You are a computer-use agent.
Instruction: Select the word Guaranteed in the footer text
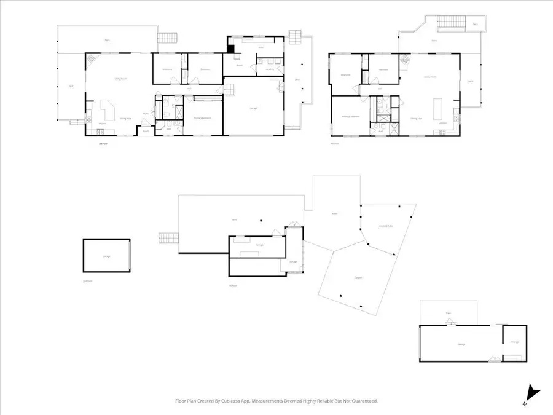pyautogui.click(x=363, y=401)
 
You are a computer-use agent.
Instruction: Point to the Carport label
pyautogui.click(x=358, y=277)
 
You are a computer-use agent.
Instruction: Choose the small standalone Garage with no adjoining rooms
pyautogui.click(x=106, y=256)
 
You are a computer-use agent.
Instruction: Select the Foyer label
pyautogui.click(x=146, y=114)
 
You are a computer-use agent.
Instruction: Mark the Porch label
pyautogui.click(x=146, y=131)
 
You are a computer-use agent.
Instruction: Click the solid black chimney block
pyautogui.click(x=230, y=50)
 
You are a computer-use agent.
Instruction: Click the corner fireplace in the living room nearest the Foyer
pyautogui.click(x=92, y=60)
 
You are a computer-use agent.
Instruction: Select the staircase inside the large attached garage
pyautogui.click(x=229, y=90)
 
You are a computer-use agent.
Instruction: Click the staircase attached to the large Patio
pyautogui.click(x=167, y=237)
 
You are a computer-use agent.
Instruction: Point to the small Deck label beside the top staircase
pyautogui.click(x=476, y=25)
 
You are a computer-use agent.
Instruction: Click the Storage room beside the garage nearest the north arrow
pyautogui.click(x=515, y=342)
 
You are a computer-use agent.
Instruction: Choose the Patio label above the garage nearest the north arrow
pyautogui.click(x=449, y=313)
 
